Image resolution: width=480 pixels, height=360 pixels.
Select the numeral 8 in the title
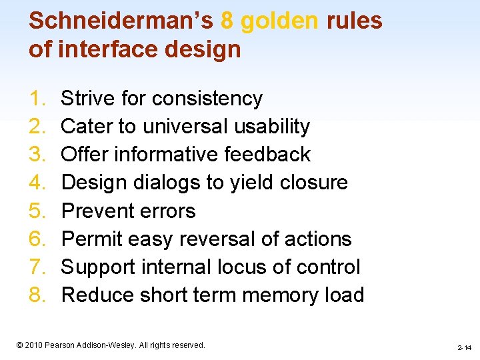[227, 21]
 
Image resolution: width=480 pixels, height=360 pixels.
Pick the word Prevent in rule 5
[93, 211]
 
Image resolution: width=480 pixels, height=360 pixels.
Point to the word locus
[243, 267]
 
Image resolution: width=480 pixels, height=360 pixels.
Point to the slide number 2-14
[464, 347]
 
